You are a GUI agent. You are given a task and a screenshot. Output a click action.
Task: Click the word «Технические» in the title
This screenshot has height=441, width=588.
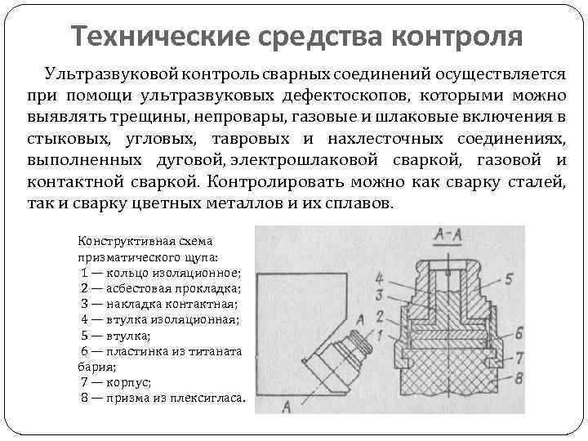[158, 37]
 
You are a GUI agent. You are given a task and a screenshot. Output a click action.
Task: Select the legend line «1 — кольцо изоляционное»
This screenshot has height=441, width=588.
[161, 273]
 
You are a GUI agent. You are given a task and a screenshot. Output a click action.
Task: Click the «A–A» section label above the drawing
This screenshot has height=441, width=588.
[446, 238]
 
